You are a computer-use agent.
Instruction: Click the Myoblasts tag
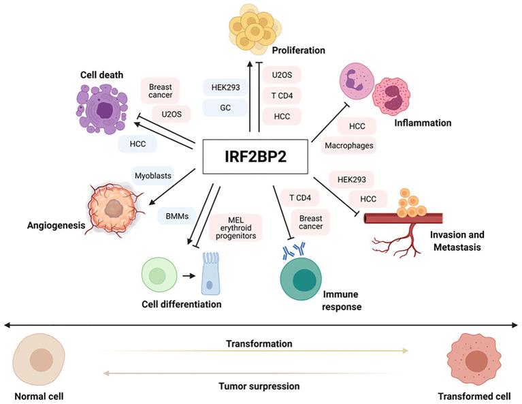pyautogui.click(x=153, y=176)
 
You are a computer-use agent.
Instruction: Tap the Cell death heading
pyautogui.click(x=101, y=74)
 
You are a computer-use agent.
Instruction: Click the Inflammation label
pyautogui.click(x=422, y=123)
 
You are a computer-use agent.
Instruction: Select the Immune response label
pyautogui.click(x=340, y=300)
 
